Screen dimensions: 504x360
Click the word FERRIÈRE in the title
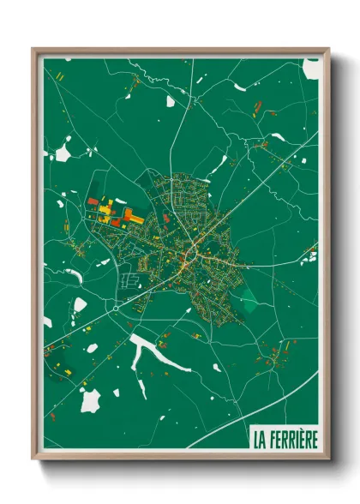pos(292,440)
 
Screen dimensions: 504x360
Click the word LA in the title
pos(258,440)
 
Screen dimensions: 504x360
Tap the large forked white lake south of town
pos(151,352)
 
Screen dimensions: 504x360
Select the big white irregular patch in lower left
pos(90,399)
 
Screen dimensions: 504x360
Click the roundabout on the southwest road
pos(115,307)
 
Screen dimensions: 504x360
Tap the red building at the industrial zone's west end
pos(92,201)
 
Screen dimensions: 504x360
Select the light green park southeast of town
pos(248,301)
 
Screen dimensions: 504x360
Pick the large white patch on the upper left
pos(63,154)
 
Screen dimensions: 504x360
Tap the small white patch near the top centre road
pos(170,101)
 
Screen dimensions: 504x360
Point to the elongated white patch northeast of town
pos(220,163)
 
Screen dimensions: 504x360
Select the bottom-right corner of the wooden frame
pos(329,460)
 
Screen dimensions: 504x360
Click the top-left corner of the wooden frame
pos(33,49)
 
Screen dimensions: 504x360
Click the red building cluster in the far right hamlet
pos(309,254)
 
